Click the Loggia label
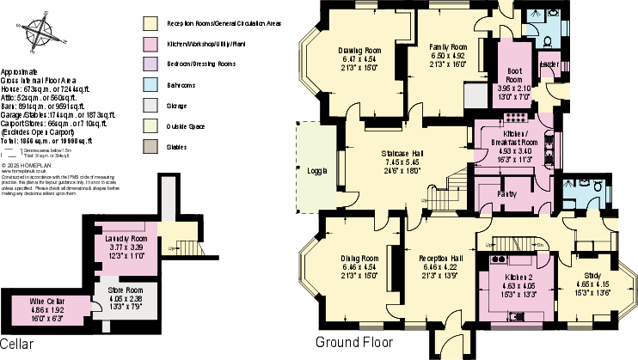coord(316,171)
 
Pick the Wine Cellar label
coord(48,301)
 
